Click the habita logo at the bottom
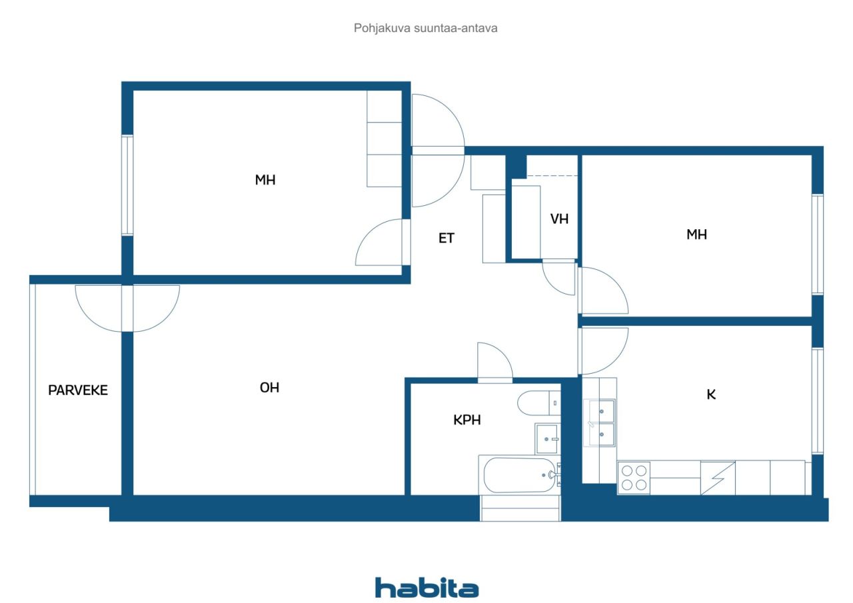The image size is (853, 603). click(x=426, y=588)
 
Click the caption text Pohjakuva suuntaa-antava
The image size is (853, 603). click(x=425, y=28)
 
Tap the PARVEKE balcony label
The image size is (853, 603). click(x=78, y=390)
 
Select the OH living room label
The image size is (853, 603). click(x=269, y=388)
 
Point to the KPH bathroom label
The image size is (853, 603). click(x=467, y=420)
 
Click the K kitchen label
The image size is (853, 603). click(x=711, y=394)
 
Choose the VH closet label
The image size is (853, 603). click(x=559, y=219)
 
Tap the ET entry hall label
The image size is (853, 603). click(x=446, y=239)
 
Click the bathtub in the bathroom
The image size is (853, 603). click(x=519, y=474)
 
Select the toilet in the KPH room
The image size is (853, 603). click(x=538, y=402)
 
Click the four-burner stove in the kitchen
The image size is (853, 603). click(x=634, y=477)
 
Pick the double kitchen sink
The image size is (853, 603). click(x=599, y=422)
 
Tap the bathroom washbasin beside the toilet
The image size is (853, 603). click(x=547, y=438)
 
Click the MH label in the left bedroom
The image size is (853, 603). click(x=265, y=180)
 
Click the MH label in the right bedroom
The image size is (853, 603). click(x=696, y=235)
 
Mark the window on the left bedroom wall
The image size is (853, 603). click(x=127, y=185)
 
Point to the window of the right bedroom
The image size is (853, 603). click(x=817, y=244)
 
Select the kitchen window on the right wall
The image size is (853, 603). click(x=817, y=400)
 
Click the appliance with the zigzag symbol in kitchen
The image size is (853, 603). click(x=718, y=478)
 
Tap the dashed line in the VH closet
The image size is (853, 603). click(x=552, y=176)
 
